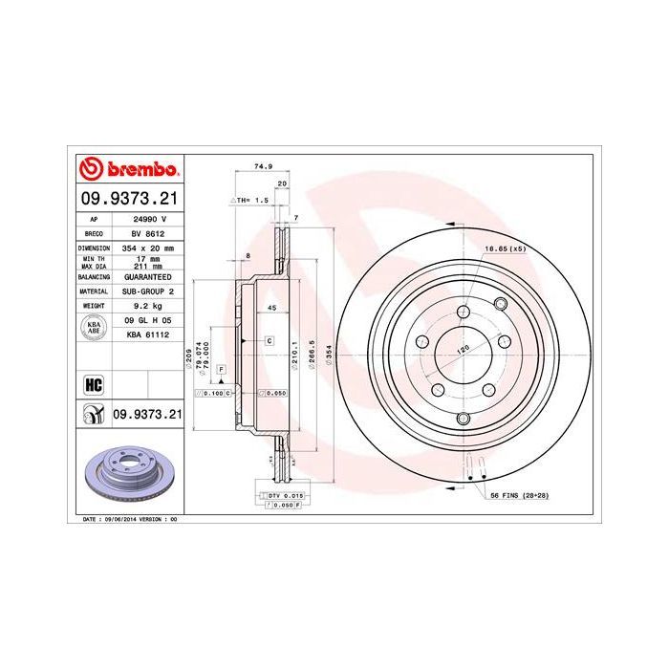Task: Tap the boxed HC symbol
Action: pyautogui.click(x=94, y=385)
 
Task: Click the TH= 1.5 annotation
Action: pyautogui.click(x=249, y=202)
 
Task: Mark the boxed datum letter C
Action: pyautogui.click(x=270, y=340)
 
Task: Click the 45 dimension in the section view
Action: pyautogui.click(x=271, y=309)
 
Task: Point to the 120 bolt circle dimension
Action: pyautogui.click(x=464, y=349)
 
